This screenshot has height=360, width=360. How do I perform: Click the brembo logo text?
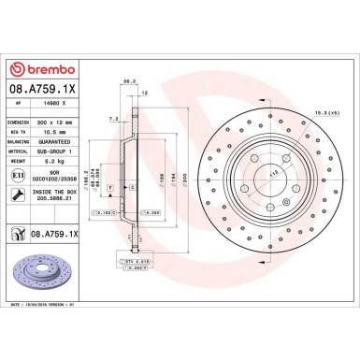coord(41,72)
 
